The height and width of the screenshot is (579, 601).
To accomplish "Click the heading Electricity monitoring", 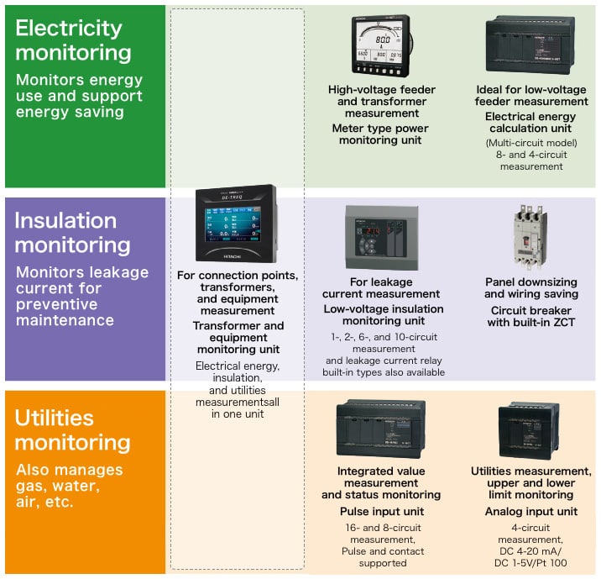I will [x=74, y=39].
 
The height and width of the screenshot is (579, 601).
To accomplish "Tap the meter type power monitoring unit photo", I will [x=382, y=49].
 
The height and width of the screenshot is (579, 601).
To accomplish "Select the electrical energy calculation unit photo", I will [x=529, y=45].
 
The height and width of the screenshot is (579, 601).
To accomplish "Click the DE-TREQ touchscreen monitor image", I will [x=235, y=225].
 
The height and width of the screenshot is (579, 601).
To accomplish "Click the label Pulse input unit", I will [x=381, y=511].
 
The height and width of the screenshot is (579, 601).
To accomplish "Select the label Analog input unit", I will [x=530, y=511].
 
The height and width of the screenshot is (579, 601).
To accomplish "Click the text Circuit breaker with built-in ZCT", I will [x=530, y=316].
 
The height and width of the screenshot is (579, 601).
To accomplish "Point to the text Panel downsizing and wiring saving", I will [x=530, y=288].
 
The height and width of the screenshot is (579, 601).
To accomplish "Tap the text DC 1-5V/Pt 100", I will [x=530, y=562].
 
